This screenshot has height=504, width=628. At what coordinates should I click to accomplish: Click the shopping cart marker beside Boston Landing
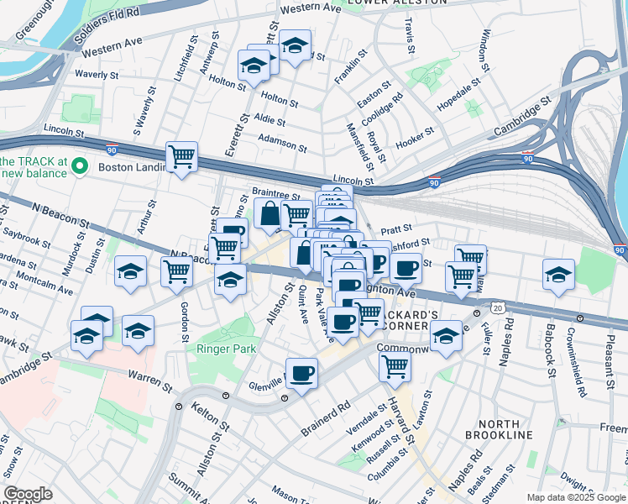tap(181, 157)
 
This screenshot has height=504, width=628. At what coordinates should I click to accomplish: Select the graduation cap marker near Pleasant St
tap(558, 275)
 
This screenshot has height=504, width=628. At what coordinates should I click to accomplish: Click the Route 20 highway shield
tap(498, 309)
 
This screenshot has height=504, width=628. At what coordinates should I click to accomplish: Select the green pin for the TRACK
tap(81, 165)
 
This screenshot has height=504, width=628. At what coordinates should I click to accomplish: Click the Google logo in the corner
tap(28, 494)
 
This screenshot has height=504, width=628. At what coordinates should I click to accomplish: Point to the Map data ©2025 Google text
tap(575, 497)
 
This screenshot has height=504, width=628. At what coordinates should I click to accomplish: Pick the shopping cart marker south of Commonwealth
tap(394, 366)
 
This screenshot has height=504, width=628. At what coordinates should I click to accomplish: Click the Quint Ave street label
tap(303, 305)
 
